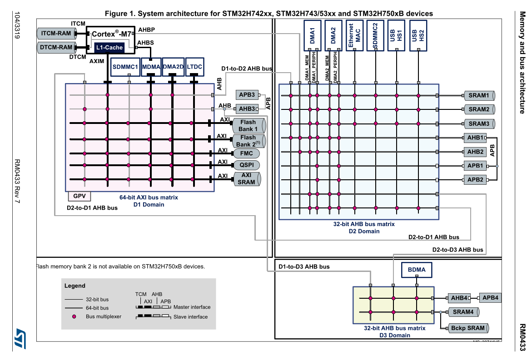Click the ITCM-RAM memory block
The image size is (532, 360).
click(x=56, y=33)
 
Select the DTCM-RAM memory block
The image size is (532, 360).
click(x=56, y=47)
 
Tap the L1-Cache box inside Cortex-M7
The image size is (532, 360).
click(x=109, y=47)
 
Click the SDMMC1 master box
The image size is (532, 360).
click(x=125, y=67)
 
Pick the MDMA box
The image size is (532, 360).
click(x=151, y=67)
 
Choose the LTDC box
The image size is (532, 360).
click(x=194, y=67)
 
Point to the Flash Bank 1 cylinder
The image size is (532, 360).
click(x=248, y=125)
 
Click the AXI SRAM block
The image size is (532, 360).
click(x=247, y=178)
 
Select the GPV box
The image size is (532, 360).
click(x=79, y=196)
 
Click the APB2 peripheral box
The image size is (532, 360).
click(x=475, y=179)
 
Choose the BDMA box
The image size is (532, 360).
click(x=417, y=270)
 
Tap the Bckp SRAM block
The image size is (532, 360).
click(x=467, y=328)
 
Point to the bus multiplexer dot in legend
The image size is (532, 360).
click(x=74, y=316)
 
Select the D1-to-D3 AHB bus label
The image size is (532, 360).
click(x=304, y=266)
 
